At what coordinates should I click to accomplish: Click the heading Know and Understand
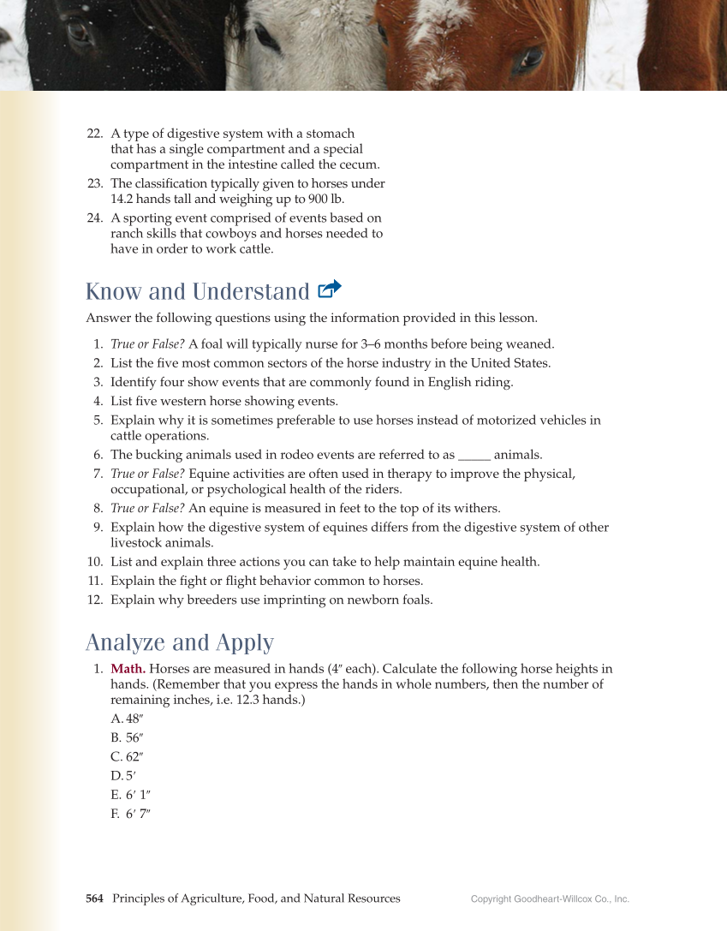click(197, 291)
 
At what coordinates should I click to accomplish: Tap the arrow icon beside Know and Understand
click(330, 289)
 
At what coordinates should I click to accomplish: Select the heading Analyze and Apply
click(180, 642)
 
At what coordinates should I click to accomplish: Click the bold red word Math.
click(128, 668)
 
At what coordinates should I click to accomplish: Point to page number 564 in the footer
click(94, 898)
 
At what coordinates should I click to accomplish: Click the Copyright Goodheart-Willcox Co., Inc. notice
click(550, 899)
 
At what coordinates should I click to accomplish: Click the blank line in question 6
click(474, 455)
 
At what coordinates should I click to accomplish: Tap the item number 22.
click(95, 134)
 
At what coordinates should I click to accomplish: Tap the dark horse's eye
click(79, 33)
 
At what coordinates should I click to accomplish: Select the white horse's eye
click(266, 37)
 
